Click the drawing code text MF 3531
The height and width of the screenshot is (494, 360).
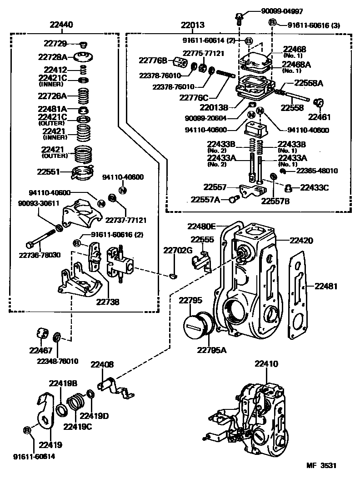pos(321,466)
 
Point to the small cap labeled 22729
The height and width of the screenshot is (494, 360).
pos(83,45)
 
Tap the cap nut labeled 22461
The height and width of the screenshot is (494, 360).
pos(319,102)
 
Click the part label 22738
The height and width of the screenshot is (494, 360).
pos(108,301)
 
